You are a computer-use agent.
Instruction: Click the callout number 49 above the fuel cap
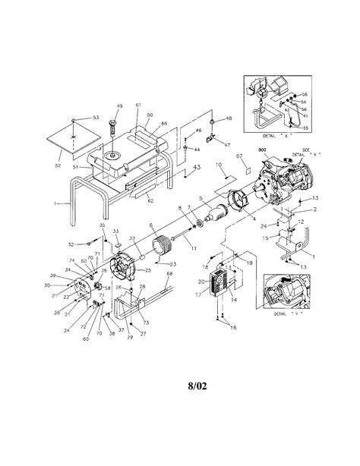point(119,106)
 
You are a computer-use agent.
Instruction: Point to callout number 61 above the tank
point(139,105)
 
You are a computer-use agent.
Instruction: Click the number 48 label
point(228,119)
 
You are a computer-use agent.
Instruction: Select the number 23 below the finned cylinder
point(173,264)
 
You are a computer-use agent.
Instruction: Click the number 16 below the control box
point(233,326)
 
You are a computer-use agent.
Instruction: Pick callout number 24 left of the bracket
point(263,225)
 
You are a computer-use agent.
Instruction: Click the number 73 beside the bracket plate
point(145,302)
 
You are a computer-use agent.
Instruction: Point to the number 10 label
point(219,164)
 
